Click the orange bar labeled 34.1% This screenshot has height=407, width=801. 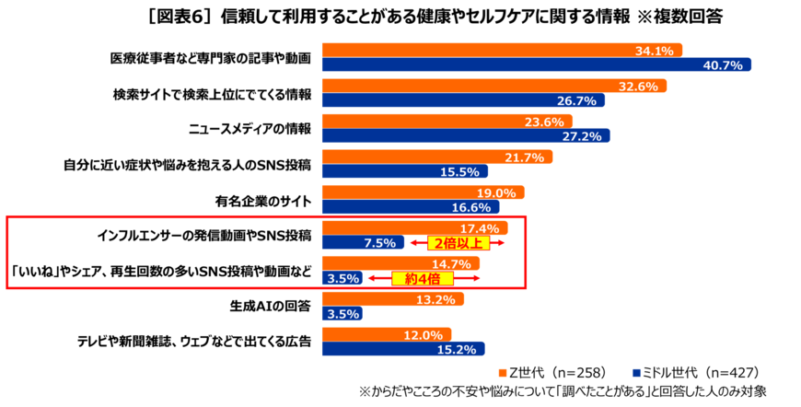pyautogui.click(x=502, y=50)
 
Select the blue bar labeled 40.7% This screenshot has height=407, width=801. pyautogui.click(x=536, y=65)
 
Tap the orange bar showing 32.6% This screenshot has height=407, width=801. pyautogui.click(x=493, y=86)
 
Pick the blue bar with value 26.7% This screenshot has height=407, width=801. pyautogui.click(x=463, y=101)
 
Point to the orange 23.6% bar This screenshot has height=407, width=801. pyautogui.click(x=447, y=121)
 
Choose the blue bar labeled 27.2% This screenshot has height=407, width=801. pyautogui.click(x=465, y=136)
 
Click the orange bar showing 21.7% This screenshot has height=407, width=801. pyautogui.click(x=436, y=157)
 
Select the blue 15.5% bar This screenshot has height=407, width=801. pyautogui.click(x=404, y=172)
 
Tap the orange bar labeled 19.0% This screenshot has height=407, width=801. pyautogui.click(x=423, y=192)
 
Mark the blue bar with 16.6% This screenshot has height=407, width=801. pyautogui.click(x=410, y=208)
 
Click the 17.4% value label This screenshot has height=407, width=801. pyautogui.click(x=479, y=228)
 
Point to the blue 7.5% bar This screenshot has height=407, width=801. pyautogui.click(x=362, y=243)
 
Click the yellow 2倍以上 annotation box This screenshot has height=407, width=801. pyautogui.click(x=458, y=243)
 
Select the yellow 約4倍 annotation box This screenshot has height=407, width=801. pyautogui.click(x=423, y=278)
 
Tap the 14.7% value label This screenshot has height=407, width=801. pyautogui.click(x=451, y=264)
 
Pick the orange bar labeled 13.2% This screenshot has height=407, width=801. pyautogui.click(x=392, y=299)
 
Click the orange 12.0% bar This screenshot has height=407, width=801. pyautogui.click(x=386, y=334)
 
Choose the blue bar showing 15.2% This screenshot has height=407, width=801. pyautogui.click(x=402, y=350)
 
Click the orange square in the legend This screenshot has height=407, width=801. pyautogui.click(x=503, y=373)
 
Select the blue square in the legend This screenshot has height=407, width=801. pyautogui.click(x=636, y=373)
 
